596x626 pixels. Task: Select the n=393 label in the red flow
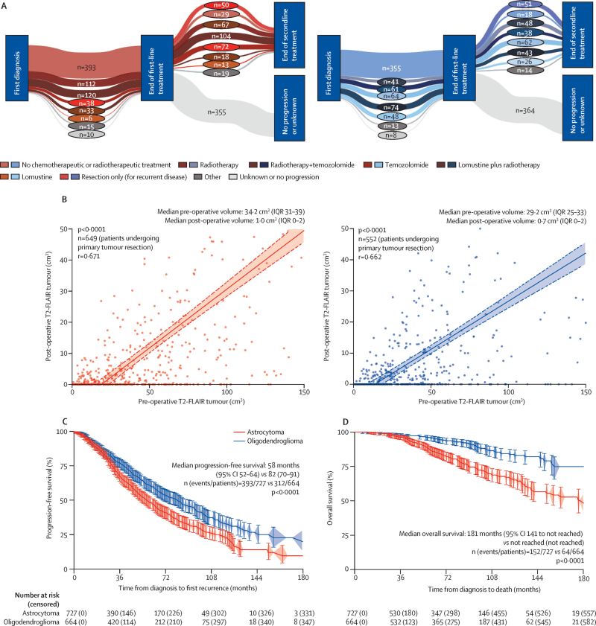click(x=86, y=66)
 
